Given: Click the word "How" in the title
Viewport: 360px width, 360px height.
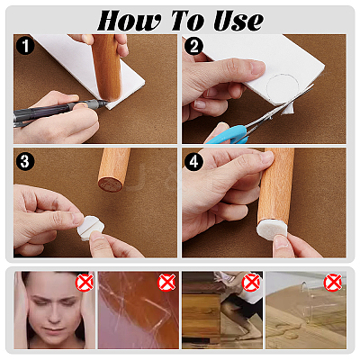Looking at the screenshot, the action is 129,21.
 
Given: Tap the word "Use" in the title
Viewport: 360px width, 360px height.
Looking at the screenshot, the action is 238,21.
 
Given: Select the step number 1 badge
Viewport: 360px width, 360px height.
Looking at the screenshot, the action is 25,46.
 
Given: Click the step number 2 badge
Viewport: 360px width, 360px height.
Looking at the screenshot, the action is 193,46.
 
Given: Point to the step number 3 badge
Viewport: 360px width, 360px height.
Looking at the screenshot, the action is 25,161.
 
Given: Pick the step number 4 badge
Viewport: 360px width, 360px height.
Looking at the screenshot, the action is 193,161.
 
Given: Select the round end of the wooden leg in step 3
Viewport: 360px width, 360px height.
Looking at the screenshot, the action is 111,184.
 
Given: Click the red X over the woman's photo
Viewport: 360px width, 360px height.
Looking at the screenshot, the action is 85,283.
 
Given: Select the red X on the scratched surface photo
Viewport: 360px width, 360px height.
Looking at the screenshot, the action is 166,283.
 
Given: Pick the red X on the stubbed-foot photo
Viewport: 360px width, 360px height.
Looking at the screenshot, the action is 251,283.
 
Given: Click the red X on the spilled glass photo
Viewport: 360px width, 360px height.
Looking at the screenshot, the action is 333,283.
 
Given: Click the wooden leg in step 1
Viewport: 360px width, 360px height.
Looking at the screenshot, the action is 107,67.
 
